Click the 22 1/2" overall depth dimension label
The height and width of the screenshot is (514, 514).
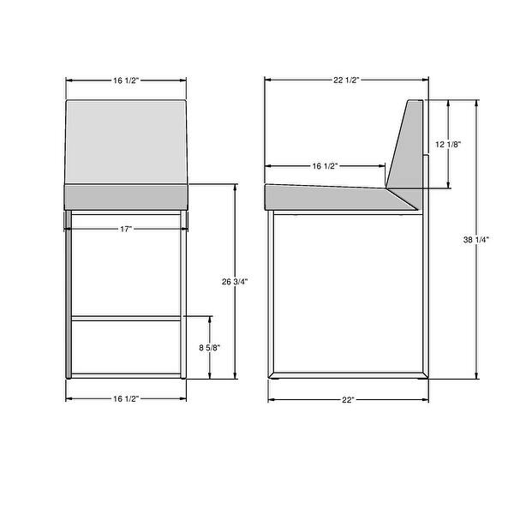(345, 80)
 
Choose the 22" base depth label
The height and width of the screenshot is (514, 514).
(348, 399)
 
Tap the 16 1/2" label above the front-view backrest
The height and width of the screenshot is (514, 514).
(126, 80)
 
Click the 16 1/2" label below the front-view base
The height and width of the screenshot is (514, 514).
(126, 398)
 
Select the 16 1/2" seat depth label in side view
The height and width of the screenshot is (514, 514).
(325, 165)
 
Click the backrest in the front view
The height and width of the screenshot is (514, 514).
(127, 141)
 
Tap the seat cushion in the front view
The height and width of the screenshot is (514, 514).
(127, 197)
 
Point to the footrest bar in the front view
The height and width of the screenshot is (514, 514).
(127, 318)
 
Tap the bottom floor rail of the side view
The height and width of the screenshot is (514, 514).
(347, 375)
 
